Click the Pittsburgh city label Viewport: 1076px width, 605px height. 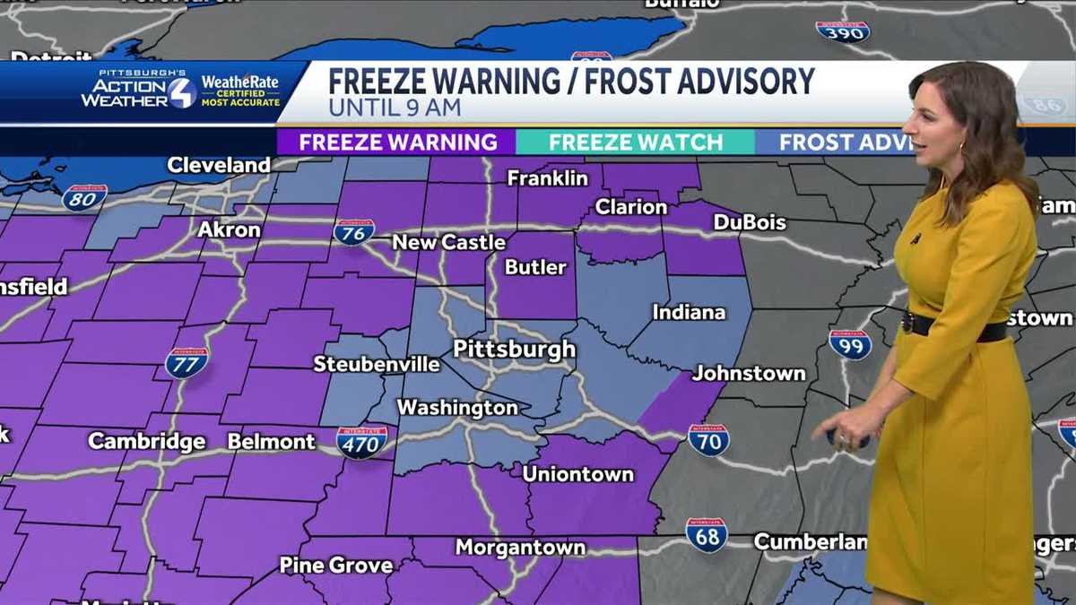[x=514, y=349]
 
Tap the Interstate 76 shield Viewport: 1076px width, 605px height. [x=353, y=231]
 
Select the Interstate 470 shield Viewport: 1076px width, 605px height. [x=362, y=442]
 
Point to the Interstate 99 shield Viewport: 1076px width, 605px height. [x=850, y=344]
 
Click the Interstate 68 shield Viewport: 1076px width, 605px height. [x=707, y=534]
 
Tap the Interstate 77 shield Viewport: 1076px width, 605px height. [x=187, y=362]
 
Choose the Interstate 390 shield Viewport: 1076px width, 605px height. [x=842, y=31]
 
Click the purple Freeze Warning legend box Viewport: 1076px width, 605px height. [x=397, y=143]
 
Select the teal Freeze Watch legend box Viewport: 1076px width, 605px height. [x=635, y=143]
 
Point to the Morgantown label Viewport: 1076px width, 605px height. [x=520, y=547]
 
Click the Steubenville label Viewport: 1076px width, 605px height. [x=377, y=364]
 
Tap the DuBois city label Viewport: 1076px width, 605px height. [x=750, y=222]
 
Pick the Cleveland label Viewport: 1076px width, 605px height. [x=218, y=165]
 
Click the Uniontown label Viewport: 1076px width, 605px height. [x=577, y=474]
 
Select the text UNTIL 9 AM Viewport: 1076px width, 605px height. [x=395, y=108]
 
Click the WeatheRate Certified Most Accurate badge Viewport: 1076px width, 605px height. [x=239, y=91]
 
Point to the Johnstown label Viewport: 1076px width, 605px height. [x=749, y=373]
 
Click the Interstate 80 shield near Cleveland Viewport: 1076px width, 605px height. [x=85, y=197]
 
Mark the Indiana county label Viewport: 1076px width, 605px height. [x=689, y=313]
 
